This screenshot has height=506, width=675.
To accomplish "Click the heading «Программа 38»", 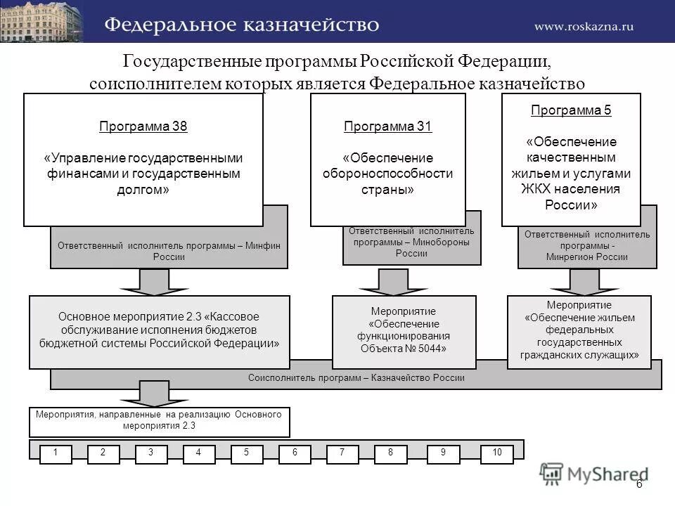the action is tap(143, 127).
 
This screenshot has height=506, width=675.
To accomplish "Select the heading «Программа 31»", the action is tap(388, 127).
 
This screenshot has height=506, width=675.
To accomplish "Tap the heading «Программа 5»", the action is tap(571, 110).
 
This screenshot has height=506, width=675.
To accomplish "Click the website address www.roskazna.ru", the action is tap(584, 26).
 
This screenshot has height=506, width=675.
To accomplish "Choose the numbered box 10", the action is tap(497, 453).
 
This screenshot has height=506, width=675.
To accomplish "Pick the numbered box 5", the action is tap(246, 453).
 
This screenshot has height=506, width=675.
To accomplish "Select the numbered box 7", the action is tap(342, 453).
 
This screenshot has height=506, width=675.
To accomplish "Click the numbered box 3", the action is tap(150, 453).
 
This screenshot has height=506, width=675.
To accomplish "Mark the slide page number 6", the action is tap(639, 485).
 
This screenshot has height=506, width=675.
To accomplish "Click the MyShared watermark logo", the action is tap(593, 474).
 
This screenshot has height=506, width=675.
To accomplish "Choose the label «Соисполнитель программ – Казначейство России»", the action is tap(356, 378).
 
